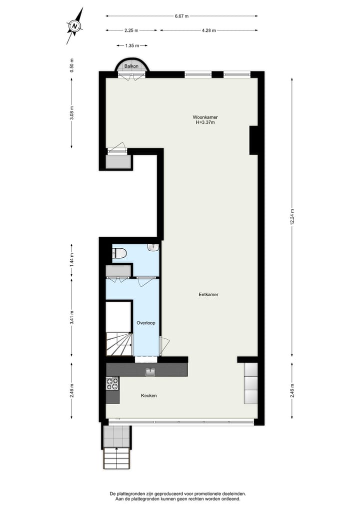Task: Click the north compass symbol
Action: tap(75, 26)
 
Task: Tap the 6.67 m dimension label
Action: tap(181, 16)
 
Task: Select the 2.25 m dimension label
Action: tap(131, 30)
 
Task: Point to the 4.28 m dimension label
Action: tap(208, 30)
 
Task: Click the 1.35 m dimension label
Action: tap(132, 46)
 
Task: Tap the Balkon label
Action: tap(131, 66)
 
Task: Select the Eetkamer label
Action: tap(208, 295)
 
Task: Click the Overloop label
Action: tap(146, 323)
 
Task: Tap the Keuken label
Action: tap(149, 396)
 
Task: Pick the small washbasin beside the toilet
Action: tap(153, 247)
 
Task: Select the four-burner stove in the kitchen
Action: tap(112, 384)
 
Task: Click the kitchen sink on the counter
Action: tap(150, 372)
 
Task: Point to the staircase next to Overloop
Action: tap(119, 344)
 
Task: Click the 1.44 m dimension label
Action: tap(71, 261)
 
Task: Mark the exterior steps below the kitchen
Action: tap(117, 458)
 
